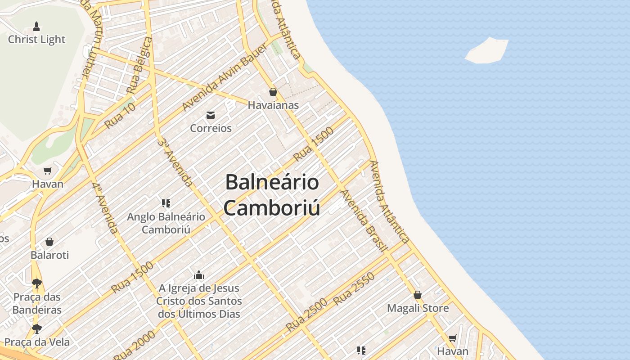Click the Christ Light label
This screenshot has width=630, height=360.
(x=36, y=40)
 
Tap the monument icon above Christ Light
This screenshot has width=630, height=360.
(x=36, y=27)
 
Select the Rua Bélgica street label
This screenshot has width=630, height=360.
(x=139, y=66)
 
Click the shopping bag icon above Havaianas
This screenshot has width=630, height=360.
(x=273, y=92)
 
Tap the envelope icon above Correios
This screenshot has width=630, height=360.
(x=211, y=115)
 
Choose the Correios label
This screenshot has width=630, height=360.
(x=211, y=128)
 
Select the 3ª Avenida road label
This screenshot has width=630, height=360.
(x=175, y=162)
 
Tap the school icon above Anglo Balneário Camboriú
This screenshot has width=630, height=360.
(x=166, y=203)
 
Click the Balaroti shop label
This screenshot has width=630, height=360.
(x=49, y=255)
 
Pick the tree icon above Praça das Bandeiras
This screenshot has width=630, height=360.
(x=37, y=283)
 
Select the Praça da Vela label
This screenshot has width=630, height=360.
(x=37, y=342)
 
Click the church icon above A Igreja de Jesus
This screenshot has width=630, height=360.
(x=199, y=275)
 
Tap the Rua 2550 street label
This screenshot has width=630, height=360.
(x=354, y=289)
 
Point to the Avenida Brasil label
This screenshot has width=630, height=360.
(x=364, y=220)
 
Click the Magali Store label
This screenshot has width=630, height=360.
(x=418, y=308)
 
